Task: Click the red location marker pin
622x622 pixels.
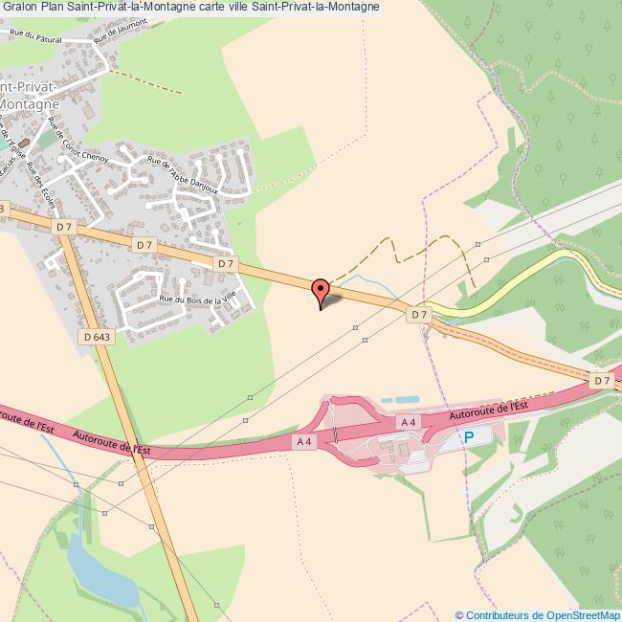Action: pos(321,290)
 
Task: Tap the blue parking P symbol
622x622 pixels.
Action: pos(469,436)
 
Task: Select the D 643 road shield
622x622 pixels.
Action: pos(97,336)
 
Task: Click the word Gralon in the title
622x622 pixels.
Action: pos(18,7)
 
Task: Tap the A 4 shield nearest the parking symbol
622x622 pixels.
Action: pos(409,422)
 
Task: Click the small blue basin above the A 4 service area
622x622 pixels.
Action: pos(402,398)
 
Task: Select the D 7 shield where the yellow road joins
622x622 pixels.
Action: pos(418,314)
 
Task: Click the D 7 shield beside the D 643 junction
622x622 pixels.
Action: pos(64,227)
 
